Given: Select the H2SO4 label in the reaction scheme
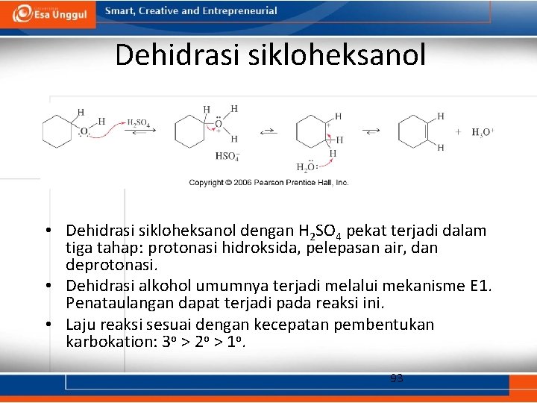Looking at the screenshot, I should [138, 122].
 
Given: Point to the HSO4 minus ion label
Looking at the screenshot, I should [227, 156].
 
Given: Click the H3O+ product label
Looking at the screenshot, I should [483, 132].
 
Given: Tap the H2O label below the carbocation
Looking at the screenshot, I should [307, 167].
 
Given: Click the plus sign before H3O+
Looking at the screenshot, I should [459, 132].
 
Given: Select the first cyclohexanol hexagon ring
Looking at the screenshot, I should [57, 132].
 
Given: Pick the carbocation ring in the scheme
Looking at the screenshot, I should [310, 132].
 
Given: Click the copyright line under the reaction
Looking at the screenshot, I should [268, 182].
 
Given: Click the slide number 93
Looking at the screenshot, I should [397, 378].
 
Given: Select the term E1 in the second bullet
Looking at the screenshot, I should [480, 286].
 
